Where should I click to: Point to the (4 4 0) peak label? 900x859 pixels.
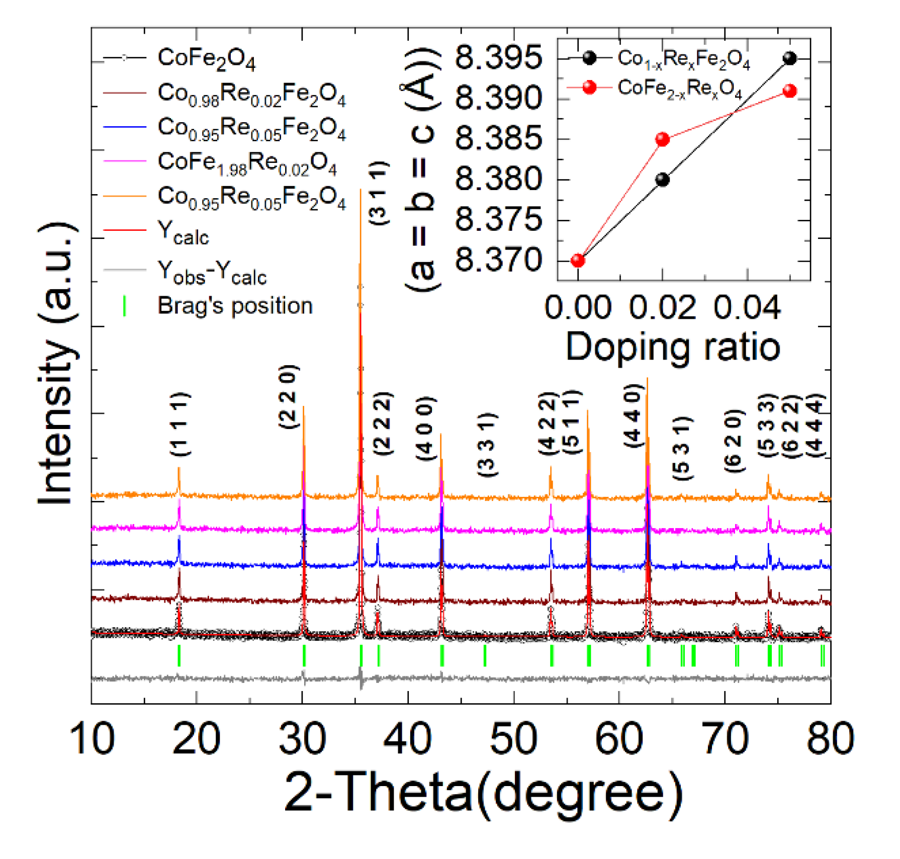click(634, 415)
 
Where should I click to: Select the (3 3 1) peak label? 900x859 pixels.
click(487, 445)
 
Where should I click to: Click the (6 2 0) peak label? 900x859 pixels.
click(734, 441)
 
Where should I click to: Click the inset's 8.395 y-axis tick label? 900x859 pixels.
click(498, 58)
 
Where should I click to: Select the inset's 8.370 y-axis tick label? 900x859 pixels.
click(498, 261)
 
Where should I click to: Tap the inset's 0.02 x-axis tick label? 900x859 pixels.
click(662, 307)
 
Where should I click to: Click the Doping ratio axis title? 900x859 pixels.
click(673, 347)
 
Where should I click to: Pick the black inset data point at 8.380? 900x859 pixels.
click(663, 180)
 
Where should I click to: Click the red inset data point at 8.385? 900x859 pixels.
click(663, 139)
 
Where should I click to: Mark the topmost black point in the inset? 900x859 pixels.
click(790, 58)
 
